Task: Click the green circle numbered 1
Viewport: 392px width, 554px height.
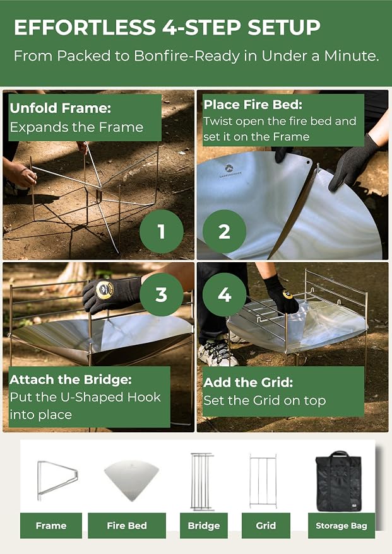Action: (162, 231)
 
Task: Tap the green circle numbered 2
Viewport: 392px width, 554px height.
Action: (224, 231)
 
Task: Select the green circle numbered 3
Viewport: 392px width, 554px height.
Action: (162, 294)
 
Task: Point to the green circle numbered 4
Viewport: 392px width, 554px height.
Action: (224, 294)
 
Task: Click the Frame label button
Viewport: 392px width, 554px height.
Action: (51, 526)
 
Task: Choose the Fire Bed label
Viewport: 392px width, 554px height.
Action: (127, 526)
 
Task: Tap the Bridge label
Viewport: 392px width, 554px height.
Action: (204, 526)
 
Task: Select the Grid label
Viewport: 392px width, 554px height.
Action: (266, 526)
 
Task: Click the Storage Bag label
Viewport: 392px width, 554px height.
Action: (342, 526)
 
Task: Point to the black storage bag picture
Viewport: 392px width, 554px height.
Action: (338, 482)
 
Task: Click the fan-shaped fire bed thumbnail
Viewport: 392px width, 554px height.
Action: (131, 480)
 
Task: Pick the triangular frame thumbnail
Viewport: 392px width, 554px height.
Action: (57, 480)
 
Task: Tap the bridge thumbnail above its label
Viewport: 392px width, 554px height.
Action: (202, 482)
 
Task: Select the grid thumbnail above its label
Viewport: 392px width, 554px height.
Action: (263, 481)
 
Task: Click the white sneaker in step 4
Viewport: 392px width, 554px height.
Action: (217, 352)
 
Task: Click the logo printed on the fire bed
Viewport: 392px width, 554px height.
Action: (230, 170)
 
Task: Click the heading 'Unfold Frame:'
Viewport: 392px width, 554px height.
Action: (61, 108)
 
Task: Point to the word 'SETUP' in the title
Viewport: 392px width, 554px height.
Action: (284, 28)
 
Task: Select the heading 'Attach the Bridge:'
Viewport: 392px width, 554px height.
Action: (71, 380)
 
